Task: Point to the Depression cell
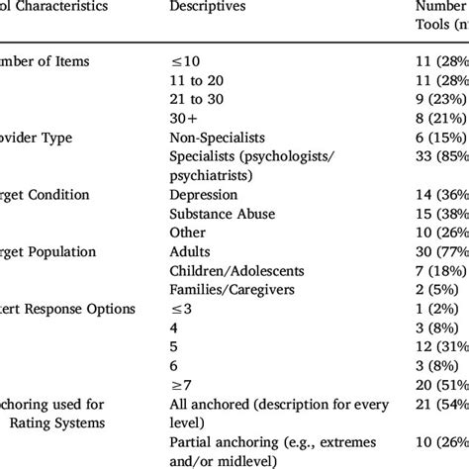(x=204, y=194)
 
